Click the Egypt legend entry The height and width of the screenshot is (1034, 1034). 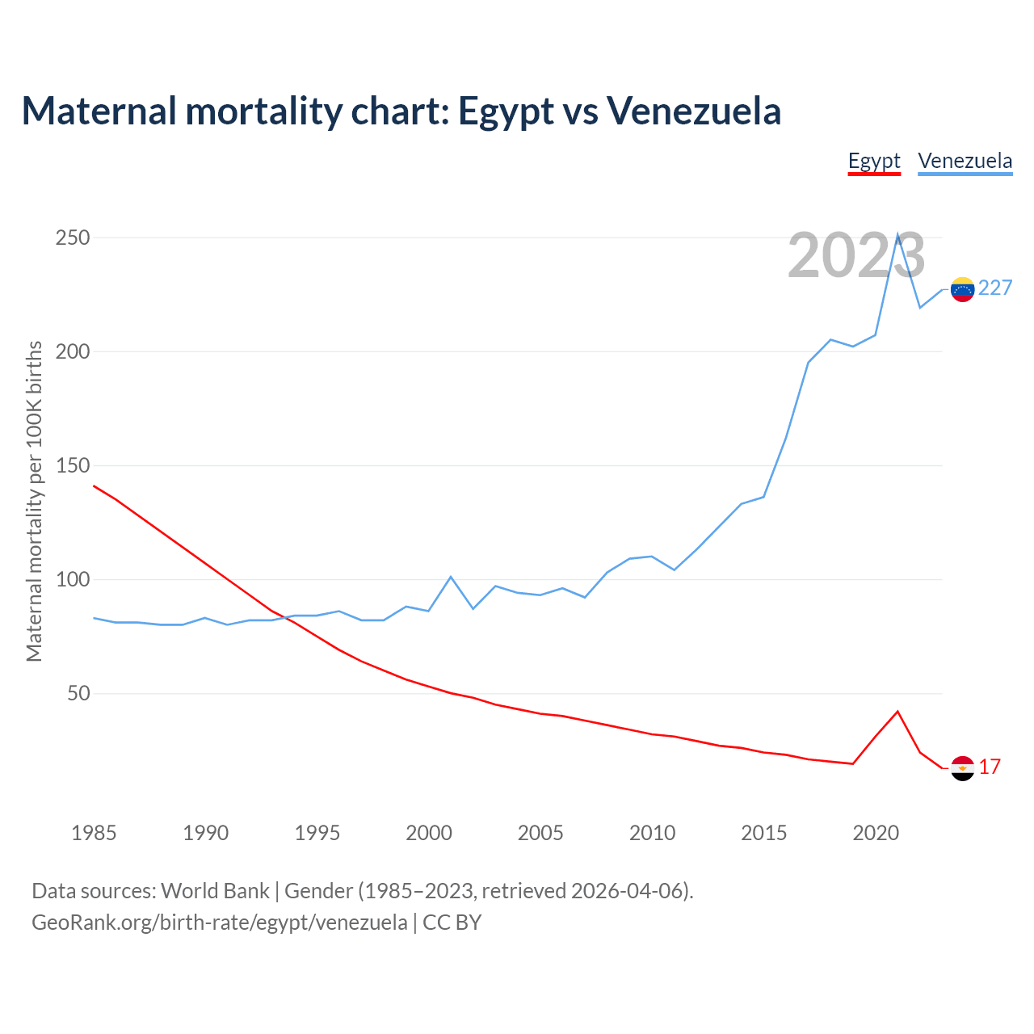874,161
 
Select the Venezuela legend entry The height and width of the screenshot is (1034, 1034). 965,161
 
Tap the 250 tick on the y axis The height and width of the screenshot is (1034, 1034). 73,238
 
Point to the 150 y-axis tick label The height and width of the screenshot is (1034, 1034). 73,466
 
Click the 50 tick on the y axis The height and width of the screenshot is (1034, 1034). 78,694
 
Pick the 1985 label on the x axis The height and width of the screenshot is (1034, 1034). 94,833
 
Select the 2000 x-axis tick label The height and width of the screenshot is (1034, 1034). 429,833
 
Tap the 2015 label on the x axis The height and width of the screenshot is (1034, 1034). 763,833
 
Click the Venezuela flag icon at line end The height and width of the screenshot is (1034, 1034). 962,289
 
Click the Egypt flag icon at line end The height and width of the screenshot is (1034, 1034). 962,768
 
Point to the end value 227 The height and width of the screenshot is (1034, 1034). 995,288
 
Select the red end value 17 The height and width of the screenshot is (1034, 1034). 990,767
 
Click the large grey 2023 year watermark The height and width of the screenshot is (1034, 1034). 856,256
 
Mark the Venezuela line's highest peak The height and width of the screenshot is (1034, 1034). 897,235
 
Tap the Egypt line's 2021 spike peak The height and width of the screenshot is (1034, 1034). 897,712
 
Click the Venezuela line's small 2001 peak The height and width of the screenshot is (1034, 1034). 451,577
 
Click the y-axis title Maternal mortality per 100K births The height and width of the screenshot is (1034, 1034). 34,501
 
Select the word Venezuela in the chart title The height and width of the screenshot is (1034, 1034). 693,111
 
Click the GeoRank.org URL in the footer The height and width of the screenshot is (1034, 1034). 220,923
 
